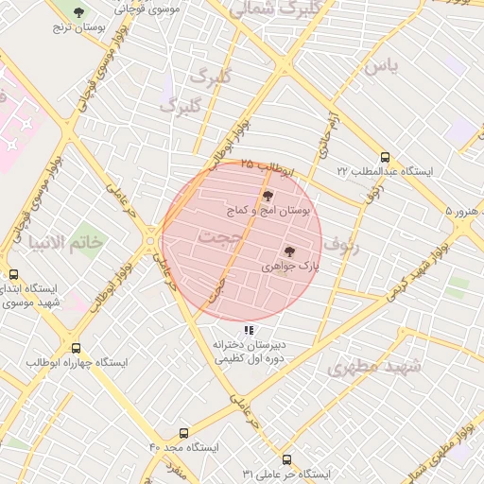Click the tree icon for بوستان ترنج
[79, 12]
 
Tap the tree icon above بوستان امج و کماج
[268, 195]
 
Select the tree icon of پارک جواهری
[289, 251]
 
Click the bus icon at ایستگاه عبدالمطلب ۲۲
[384, 157]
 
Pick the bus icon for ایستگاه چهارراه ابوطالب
[77, 348]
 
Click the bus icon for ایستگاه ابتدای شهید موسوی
[13, 275]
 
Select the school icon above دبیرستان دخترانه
[249, 330]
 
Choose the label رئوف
[342, 244]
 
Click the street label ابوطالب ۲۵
[268, 166]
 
